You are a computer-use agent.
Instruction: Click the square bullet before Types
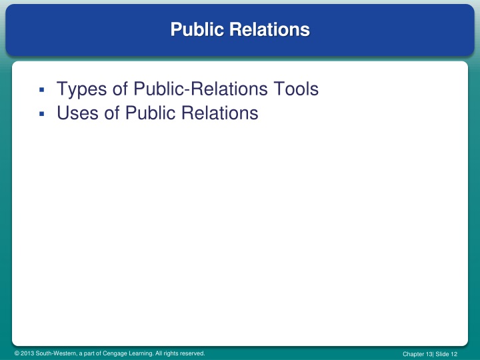[41, 90]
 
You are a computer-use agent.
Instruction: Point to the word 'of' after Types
[119, 89]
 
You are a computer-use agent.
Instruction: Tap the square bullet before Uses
[41, 115]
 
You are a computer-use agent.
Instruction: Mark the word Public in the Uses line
[147, 113]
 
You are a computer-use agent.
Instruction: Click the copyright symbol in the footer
[17, 353]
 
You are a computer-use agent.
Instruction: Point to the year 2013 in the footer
[28, 353]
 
